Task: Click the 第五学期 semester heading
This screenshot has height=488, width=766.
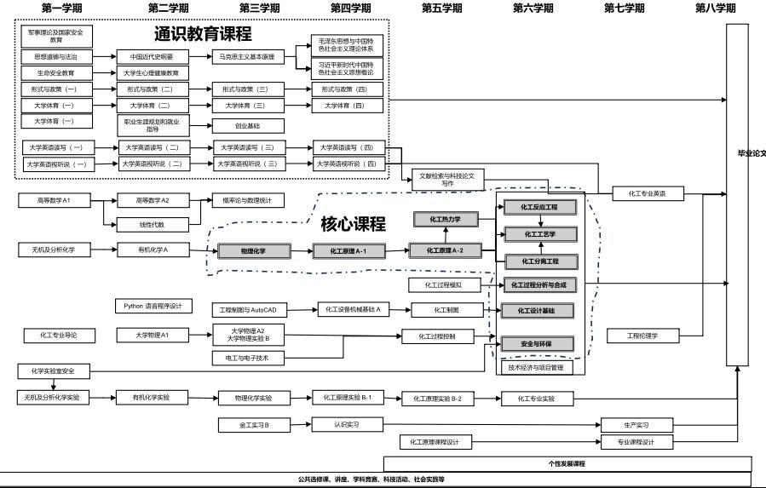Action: tap(441, 8)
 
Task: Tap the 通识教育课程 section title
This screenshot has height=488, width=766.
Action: tap(203, 35)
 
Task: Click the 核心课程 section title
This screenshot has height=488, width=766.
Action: tap(353, 225)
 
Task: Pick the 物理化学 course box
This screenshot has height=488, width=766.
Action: tap(253, 251)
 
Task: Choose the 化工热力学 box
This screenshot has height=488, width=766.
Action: tap(443, 220)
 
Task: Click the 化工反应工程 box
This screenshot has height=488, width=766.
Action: tap(539, 207)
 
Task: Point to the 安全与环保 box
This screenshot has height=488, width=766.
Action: tap(537, 343)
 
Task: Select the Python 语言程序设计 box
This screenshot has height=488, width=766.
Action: tap(153, 306)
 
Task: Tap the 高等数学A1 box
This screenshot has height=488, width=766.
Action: tap(54, 200)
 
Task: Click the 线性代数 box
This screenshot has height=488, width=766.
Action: tap(153, 225)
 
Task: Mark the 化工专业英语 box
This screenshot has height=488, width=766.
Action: tap(648, 194)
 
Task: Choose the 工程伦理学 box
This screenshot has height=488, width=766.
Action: tap(642, 336)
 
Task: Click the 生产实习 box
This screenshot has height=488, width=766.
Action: tap(636, 425)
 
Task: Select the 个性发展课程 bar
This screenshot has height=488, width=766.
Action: tap(567, 464)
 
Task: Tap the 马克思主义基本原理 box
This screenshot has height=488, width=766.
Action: tap(248, 57)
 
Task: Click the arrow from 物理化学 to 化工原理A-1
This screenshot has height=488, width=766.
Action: tap(302, 251)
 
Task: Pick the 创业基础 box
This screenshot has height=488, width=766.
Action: tap(248, 125)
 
